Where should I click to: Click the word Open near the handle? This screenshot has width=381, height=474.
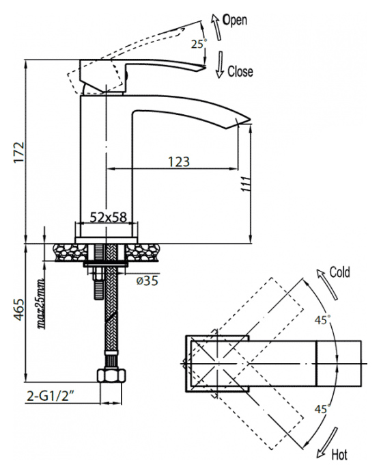tap(235, 20)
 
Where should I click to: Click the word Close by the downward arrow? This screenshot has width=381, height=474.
tap(240, 72)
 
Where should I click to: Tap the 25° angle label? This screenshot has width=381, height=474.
tap(199, 44)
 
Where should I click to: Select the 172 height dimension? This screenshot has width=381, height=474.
tap(19, 152)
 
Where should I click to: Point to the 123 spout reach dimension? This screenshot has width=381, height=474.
tap(179, 161)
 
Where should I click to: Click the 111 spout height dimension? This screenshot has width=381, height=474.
tap(245, 184)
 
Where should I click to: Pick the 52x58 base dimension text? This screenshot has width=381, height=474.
tap(109, 217)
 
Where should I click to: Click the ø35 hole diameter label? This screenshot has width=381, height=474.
tap(147, 281)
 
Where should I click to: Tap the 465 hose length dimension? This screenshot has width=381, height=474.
tap(18, 309)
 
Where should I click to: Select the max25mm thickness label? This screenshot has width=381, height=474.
tap(41, 302)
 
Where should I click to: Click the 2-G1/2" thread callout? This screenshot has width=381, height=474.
tap(51, 396)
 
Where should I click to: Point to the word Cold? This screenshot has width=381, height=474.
tap(339, 272)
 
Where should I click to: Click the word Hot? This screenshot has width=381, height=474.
tap(339, 454)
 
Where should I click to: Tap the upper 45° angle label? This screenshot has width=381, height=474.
tap(322, 320)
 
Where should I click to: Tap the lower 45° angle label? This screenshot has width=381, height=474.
tap(322, 409)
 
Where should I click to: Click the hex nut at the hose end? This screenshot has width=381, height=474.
tap(111, 376)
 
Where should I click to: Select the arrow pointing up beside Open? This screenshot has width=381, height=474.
tap(216, 27)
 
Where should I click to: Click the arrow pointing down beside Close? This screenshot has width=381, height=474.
tap(221, 65)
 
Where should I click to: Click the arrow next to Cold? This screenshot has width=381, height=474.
tap(326, 284)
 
